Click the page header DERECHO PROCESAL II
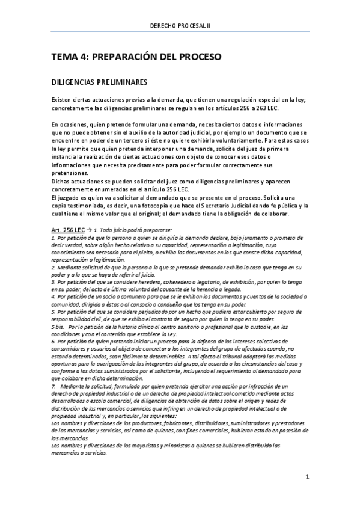click(180, 25)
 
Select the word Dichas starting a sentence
click(63, 180)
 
